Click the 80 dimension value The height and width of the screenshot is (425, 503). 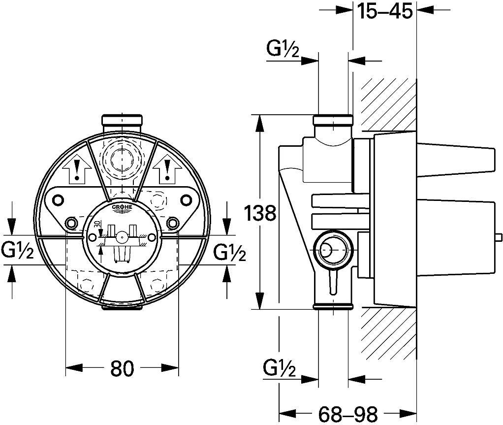pos(122,368)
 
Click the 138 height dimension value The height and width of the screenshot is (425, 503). pos(260,213)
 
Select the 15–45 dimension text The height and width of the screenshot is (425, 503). pos(384,12)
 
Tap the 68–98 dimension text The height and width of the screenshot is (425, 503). pos(348,414)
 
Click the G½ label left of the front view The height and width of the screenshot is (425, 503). pos(17,250)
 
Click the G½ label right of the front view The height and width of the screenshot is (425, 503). pos(230,252)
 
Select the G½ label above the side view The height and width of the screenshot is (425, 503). pos(283,50)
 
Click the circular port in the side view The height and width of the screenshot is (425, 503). pos(333,250)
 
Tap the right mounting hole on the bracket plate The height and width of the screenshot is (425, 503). pos(186,199)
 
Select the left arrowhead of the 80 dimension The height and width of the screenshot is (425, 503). pos(74,368)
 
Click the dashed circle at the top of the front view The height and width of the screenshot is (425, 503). pos(122,159)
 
